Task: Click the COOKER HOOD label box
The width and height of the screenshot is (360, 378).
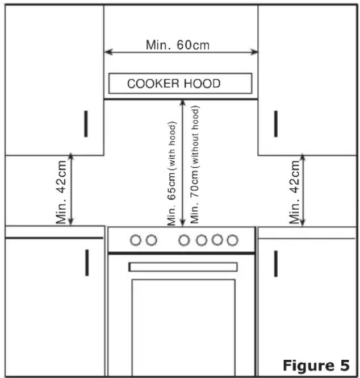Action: click(181, 83)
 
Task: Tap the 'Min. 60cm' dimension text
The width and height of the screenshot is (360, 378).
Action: click(178, 45)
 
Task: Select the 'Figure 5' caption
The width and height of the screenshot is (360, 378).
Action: click(316, 365)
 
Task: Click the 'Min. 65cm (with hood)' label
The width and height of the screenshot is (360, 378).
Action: click(171, 173)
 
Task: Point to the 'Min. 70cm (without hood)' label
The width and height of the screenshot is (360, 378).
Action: click(195, 165)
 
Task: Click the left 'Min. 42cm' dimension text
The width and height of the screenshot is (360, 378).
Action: click(61, 192)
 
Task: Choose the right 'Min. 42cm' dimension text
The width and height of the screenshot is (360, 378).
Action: click(294, 192)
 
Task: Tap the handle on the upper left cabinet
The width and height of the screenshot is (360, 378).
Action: click(86, 124)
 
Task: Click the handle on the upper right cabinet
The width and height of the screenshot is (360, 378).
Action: click(276, 124)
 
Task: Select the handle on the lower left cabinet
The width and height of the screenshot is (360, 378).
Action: click(87, 263)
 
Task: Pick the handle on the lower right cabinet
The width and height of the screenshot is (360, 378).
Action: click(276, 264)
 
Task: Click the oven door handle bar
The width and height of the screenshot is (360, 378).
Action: click(183, 267)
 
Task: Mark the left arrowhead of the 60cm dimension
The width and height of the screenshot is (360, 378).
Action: click(108, 52)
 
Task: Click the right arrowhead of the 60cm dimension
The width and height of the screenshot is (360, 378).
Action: click(254, 52)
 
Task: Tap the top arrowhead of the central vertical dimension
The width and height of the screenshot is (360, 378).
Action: click(182, 103)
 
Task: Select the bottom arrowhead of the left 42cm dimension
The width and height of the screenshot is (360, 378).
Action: click(70, 221)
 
